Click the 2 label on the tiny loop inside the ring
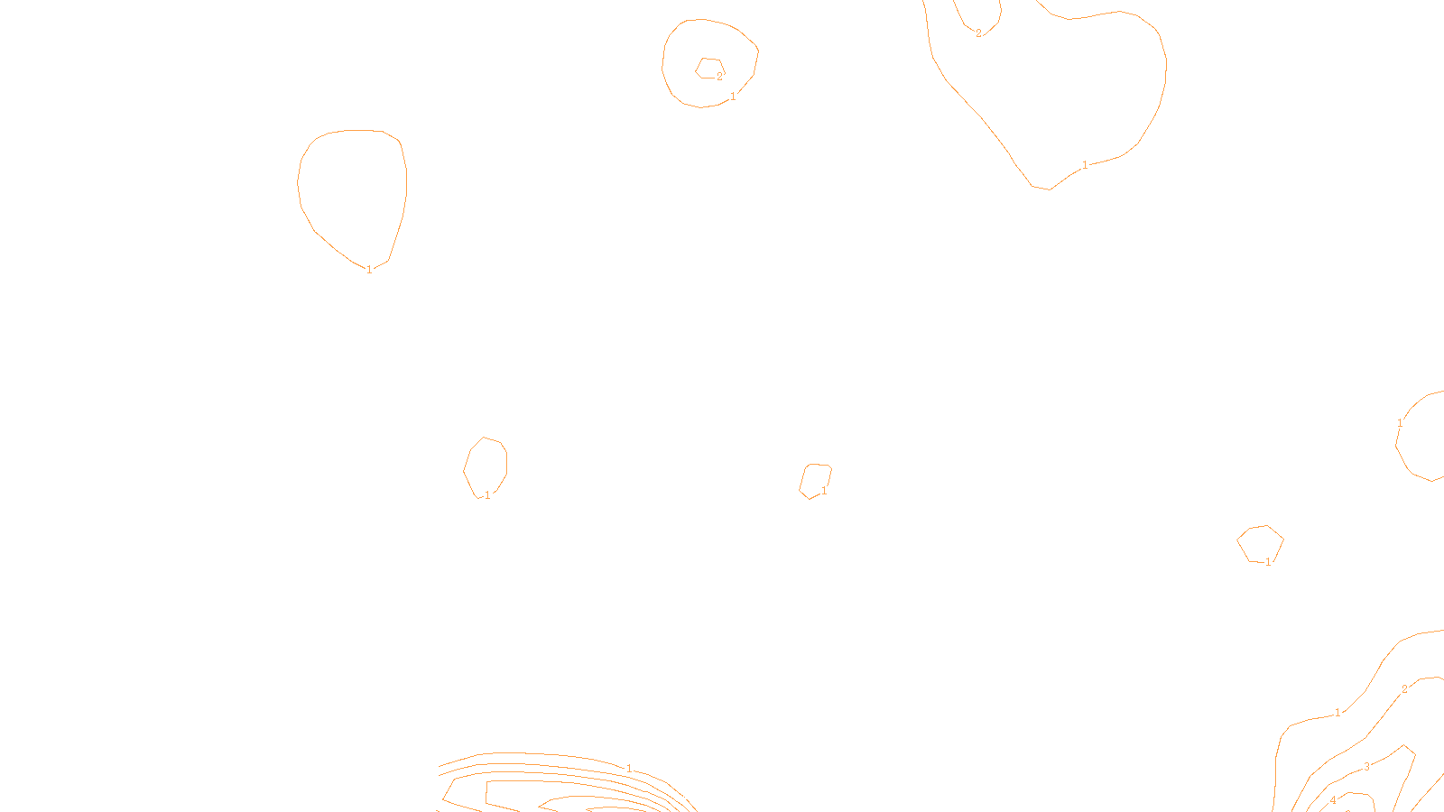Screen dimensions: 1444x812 [x=719, y=78]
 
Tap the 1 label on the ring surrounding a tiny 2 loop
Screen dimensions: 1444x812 [x=733, y=97]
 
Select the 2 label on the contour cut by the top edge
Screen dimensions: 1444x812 [x=978, y=34]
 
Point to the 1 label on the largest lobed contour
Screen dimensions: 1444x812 [x=1085, y=165]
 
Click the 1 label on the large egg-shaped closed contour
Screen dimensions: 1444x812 [x=369, y=270]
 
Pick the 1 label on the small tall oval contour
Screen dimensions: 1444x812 [x=487, y=495]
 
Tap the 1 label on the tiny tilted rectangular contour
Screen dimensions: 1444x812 [x=824, y=492]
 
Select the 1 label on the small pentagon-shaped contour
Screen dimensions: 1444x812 [x=1268, y=562]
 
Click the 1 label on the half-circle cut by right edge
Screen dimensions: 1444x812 [x=1400, y=423]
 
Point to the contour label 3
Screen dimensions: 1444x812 [x=1366, y=767]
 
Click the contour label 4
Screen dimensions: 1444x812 [x=1333, y=800]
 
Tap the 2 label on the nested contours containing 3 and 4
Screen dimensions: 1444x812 [x=1404, y=689]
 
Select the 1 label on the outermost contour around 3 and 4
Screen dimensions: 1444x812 [x=1338, y=713]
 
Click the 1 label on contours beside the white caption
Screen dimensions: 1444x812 [x=629, y=769]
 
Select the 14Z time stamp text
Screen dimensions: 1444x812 [x=684, y=798]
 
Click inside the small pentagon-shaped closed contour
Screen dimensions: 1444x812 [x=1260, y=544]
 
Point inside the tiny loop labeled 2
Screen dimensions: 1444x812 [x=708, y=68]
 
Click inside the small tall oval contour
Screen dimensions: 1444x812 [x=486, y=466]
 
